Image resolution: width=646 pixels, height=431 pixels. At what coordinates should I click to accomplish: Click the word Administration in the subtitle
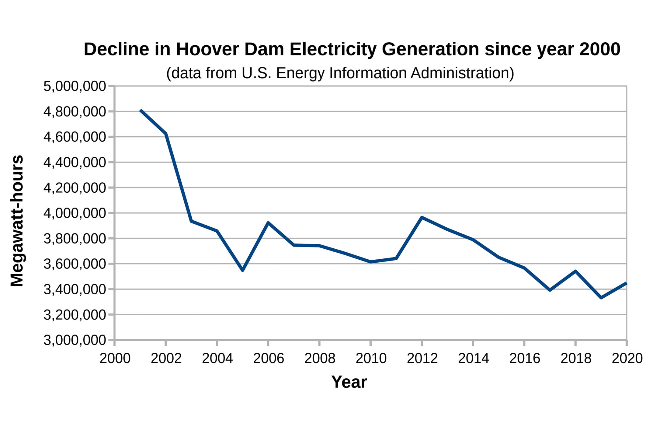coord(462,73)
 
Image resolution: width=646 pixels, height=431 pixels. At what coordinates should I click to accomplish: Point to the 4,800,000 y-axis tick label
coord(75,112)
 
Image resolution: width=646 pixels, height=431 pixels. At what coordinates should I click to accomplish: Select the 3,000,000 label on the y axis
coord(75,340)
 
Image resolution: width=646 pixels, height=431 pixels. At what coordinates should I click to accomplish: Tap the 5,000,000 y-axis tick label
coord(75,86)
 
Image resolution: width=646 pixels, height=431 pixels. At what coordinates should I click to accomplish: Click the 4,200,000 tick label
coord(75,188)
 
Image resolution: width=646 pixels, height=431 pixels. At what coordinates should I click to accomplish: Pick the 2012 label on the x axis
coord(422,359)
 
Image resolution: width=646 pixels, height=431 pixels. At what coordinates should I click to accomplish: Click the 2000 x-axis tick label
coord(115,359)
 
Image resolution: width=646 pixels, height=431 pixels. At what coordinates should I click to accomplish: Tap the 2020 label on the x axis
coord(627,359)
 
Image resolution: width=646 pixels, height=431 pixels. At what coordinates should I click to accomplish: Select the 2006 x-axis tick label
coord(268,359)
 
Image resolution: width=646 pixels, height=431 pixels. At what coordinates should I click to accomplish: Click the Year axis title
coord(349,382)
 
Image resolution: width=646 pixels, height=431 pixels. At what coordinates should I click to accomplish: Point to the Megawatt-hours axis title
coord(17,221)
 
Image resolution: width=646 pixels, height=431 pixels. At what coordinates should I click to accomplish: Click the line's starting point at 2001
coord(141,110)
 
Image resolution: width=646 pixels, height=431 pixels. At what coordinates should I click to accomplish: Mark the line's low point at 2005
coord(242,270)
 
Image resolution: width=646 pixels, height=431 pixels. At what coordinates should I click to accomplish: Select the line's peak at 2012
coord(422,217)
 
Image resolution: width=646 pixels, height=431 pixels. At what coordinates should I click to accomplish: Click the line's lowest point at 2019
coord(601,298)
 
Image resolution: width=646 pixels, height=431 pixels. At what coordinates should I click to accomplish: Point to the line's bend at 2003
coord(191,221)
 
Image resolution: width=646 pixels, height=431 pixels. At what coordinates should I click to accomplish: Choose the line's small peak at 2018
coord(575,271)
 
